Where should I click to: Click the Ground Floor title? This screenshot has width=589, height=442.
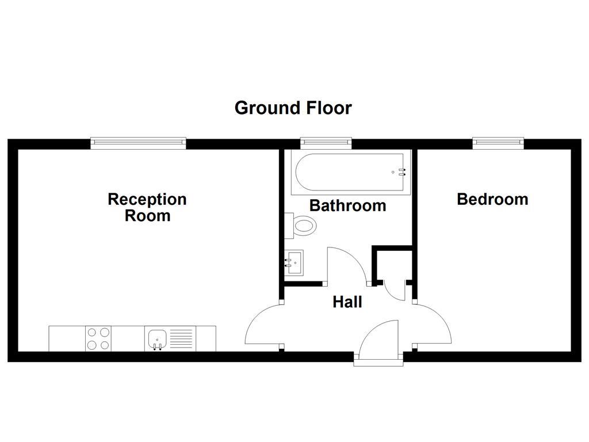pyautogui.click(x=293, y=108)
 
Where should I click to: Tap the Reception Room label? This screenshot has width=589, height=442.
pyautogui.click(x=147, y=207)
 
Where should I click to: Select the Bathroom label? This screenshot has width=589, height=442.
pyautogui.click(x=347, y=205)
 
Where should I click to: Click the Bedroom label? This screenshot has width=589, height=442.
pyautogui.click(x=492, y=199)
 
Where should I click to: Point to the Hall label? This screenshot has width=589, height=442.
pyautogui.click(x=347, y=302)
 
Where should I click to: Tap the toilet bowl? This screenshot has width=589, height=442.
pyautogui.click(x=304, y=226)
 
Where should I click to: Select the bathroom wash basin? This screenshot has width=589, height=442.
pyautogui.click(x=294, y=262)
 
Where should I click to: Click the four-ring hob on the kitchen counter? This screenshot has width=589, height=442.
pyautogui.click(x=98, y=338)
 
